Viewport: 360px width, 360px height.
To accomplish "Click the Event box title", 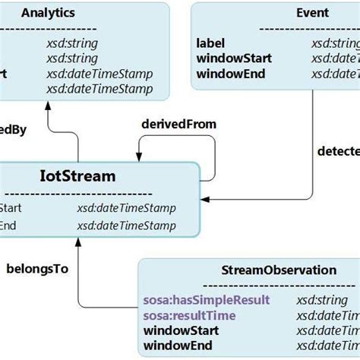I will [312, 13].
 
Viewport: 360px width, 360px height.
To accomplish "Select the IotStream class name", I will [77, 176].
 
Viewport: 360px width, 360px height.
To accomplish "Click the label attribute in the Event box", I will [210, 43].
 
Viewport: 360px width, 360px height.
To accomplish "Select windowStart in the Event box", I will [232, 58].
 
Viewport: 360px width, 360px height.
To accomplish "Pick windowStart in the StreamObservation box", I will [181, 330].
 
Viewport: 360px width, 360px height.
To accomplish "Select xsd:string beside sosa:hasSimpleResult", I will [317, 300].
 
